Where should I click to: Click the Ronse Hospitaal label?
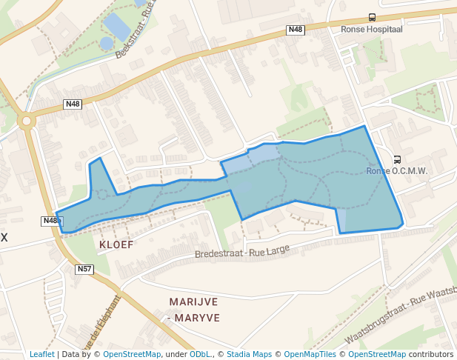(371, 30)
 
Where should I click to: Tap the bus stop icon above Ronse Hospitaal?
(371, 17)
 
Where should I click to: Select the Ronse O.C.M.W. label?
(397, 171)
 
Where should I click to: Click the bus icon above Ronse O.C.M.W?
(397, 159)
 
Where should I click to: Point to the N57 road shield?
(84, 269)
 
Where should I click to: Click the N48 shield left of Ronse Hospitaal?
(295, 30)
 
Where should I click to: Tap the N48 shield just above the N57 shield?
(50, 221)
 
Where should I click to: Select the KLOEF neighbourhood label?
(116, 243)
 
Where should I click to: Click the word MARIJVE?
(194, 302)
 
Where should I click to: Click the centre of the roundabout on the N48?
(27, 121)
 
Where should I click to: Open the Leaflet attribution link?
(42, 354)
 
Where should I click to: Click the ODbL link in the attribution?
(199, 354)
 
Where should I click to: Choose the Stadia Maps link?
(249, 354)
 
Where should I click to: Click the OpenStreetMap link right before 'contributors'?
(377, 354)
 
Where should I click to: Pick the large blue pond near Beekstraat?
(118, 27)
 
